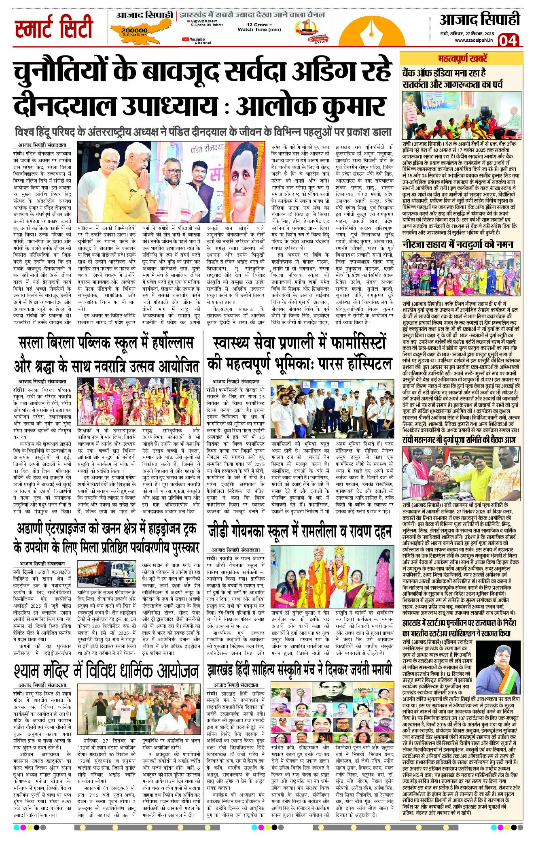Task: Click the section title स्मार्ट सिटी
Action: (x=54, y=27)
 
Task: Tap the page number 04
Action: (x=508, y=40)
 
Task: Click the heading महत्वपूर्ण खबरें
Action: (x=462, y=59)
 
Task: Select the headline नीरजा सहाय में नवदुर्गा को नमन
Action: (x=458, y=244)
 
